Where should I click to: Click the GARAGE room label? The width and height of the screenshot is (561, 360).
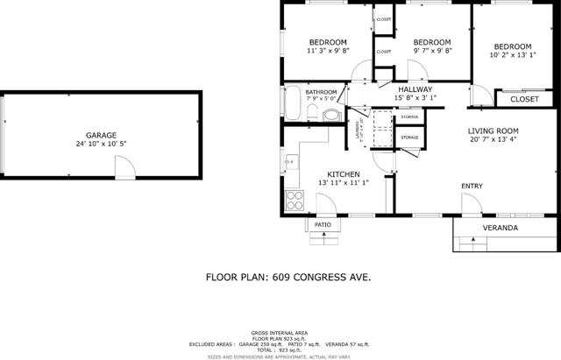click(x=101, y=136)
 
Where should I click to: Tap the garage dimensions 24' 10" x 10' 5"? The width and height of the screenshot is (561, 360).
click(x=101, y=145)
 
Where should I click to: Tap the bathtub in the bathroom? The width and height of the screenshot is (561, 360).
click(x=291, y=103)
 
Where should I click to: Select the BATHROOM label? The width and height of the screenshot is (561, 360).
click(x=321, y=92)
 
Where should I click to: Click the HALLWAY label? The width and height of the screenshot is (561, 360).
click(x=415, y=89)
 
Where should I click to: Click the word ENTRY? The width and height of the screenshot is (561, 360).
click(x=472, y=186)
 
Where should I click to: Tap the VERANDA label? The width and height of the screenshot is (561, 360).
click(x=501, y=229)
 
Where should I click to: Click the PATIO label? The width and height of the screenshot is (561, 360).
click(x=323, y=225)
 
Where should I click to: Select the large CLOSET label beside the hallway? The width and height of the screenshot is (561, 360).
click(x=524, y=99)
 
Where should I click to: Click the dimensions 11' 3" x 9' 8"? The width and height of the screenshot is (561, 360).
click(x=328, y=51)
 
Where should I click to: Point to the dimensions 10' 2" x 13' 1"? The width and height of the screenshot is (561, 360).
click(x=512, y=55)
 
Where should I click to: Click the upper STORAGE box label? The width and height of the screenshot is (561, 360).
click(x=409, y=117)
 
